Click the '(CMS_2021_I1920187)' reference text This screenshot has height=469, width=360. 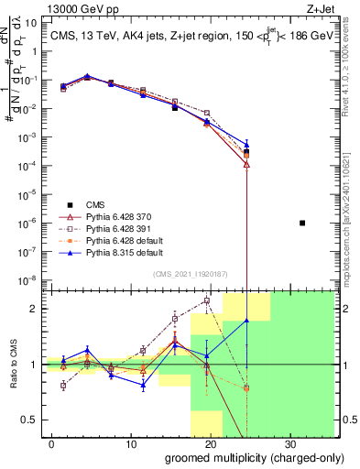click(x=190, y=273)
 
